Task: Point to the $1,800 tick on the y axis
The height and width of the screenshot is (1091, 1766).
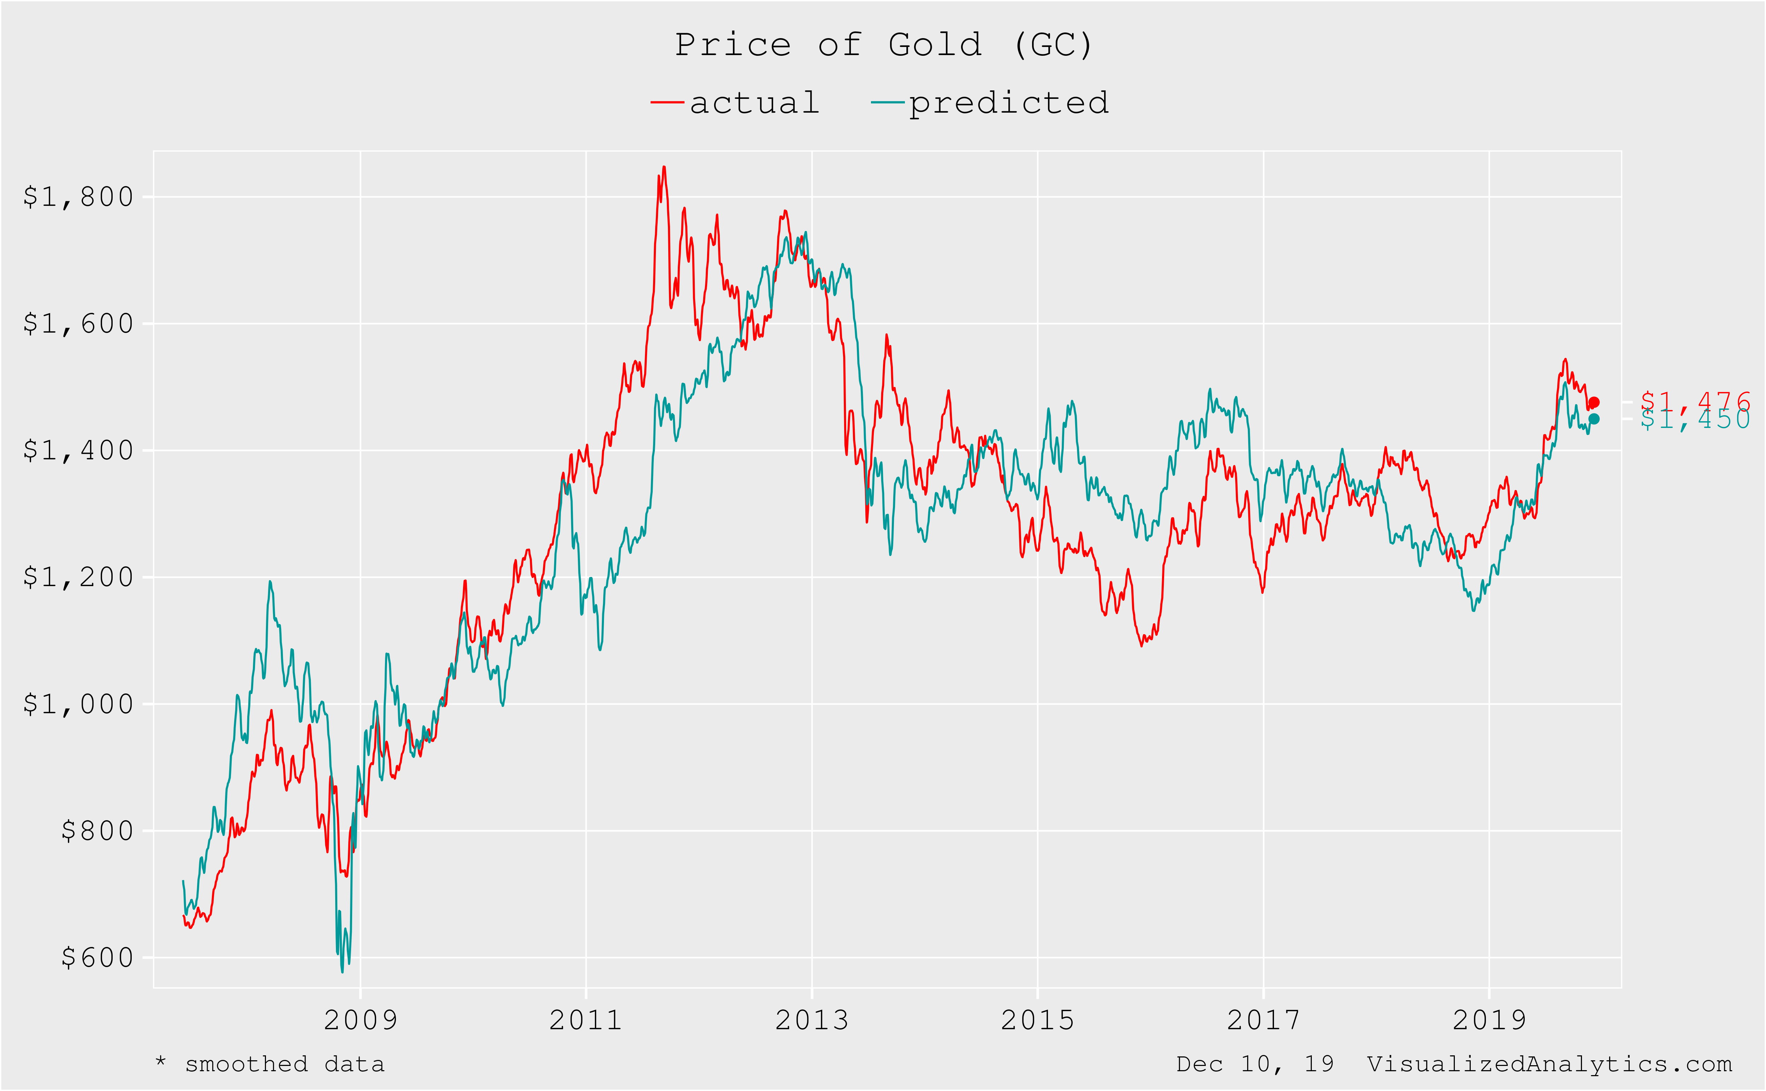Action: pos(78,197)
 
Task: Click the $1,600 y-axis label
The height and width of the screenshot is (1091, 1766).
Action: pos(78,324)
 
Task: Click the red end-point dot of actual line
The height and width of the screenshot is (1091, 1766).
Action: pos(1594,403)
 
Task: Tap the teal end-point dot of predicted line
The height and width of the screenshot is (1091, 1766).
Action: pos(1594,419)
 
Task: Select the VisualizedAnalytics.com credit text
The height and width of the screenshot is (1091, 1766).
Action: pos(1549,1064)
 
